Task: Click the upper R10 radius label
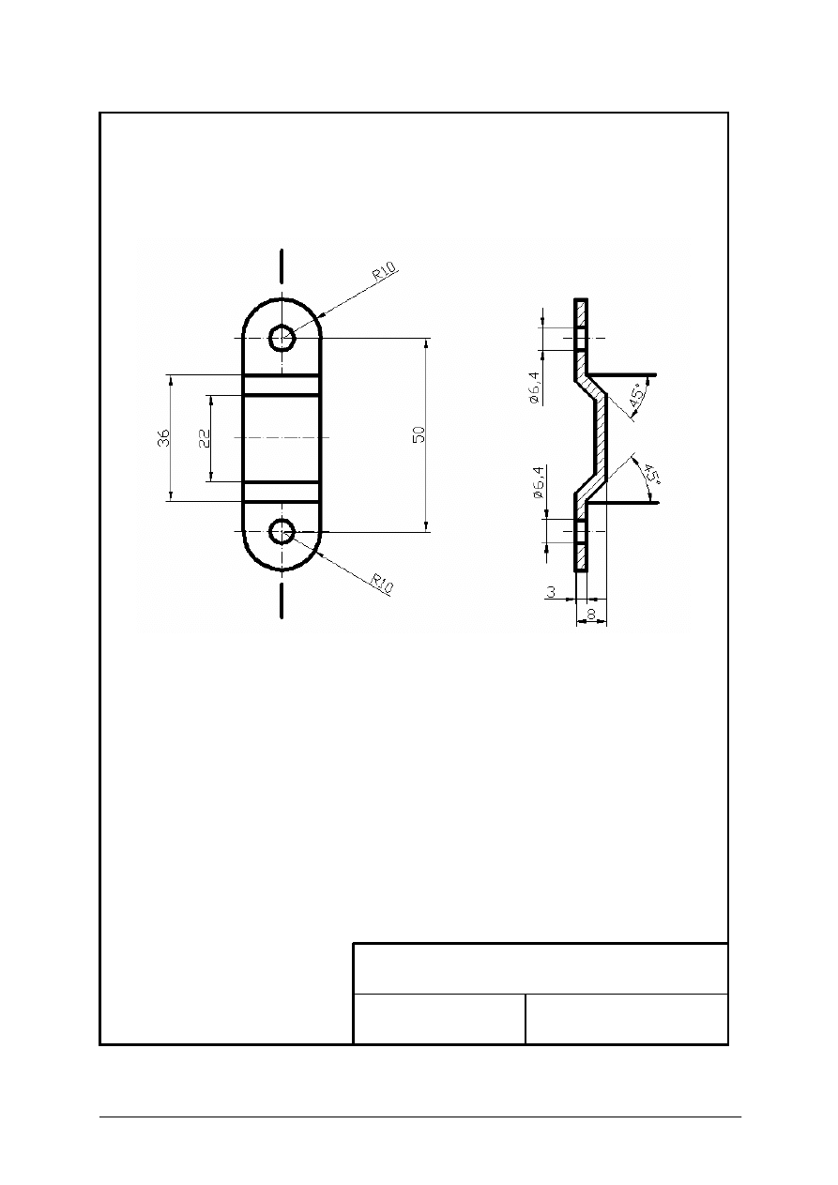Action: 386,272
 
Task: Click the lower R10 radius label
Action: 382,585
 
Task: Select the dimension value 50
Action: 419,434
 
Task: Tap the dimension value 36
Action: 163,437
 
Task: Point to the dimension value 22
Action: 204,437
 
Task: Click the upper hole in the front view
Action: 282,337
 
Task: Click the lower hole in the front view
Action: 282,532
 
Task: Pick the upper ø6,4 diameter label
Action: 533,387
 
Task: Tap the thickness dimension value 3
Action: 551,593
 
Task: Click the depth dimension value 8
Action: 590,614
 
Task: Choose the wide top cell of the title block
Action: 541,967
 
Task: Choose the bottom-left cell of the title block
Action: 438,1018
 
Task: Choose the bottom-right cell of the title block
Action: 627,1018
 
